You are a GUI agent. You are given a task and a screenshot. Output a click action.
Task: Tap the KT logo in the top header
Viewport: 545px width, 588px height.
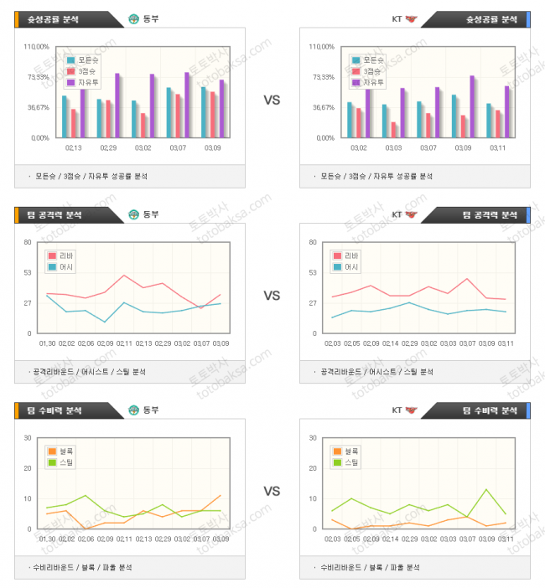click(x=410, y=18)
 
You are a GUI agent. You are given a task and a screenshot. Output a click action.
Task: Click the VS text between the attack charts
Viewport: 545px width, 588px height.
click(x=272, y=296)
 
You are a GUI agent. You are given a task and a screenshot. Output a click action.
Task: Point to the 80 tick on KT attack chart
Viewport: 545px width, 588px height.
click(x=312, y=242)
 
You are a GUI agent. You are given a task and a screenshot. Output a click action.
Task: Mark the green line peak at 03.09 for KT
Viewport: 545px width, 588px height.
click(x=486, y=489)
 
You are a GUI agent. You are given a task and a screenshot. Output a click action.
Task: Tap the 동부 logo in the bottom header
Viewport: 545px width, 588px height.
click(x=133, y=410)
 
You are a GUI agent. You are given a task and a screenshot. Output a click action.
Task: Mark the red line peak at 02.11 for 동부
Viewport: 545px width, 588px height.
click(x=124, y=275)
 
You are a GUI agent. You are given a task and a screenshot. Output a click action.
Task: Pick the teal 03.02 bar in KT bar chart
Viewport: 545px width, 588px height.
click(x=350, y=120)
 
